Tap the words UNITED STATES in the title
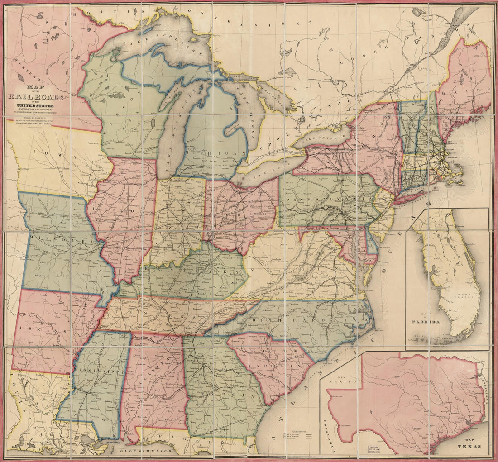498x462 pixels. click(x=38, y=105)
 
